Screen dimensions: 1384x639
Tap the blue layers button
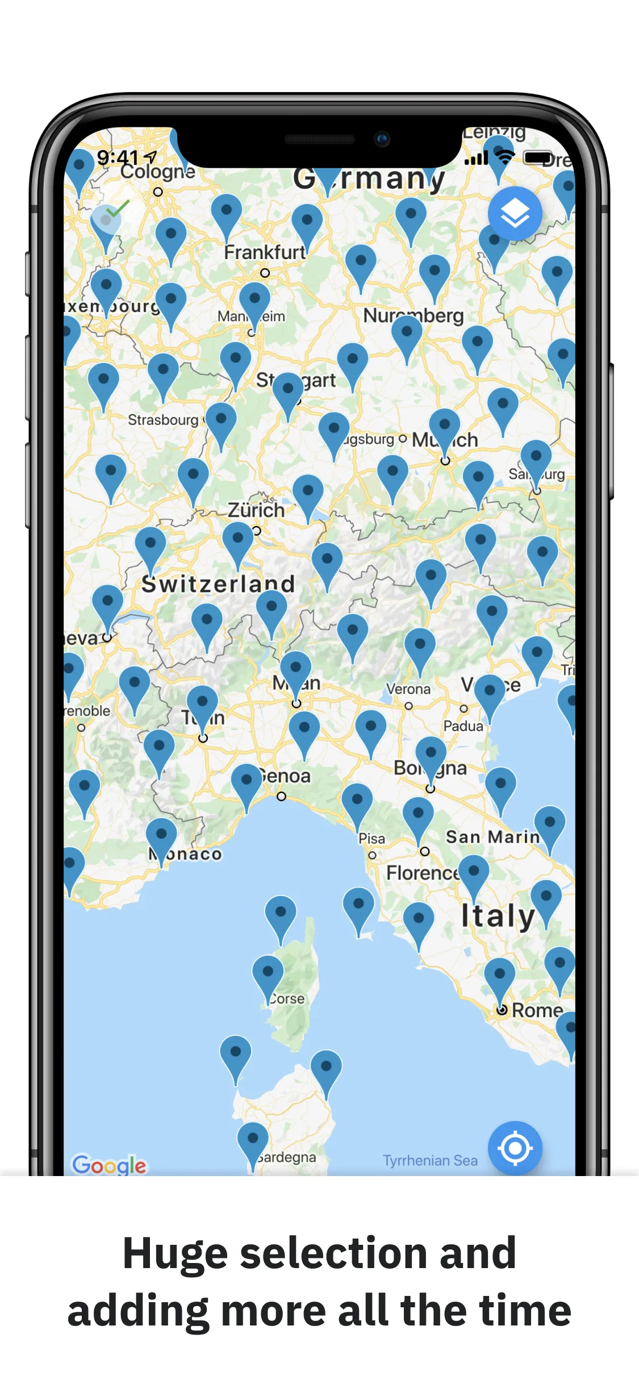tap(515, 214)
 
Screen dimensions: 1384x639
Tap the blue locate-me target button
tap(515, 1148)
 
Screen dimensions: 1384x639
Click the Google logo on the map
tap(109, 1165)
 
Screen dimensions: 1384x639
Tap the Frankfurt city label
tap(264, 252)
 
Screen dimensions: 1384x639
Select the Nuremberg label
tap(414, 315)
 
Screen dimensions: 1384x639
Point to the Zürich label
tap(256, 510)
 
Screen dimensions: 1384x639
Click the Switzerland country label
tap(218, 584)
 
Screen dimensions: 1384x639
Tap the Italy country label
tap(498, 916)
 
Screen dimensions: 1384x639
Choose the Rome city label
tap(537, 1010)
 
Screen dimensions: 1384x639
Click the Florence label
tap(422, 873)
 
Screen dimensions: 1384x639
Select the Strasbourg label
tap(163, 420)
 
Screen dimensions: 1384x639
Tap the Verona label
tap(408, 689)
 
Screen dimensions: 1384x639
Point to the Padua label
tap(463, 726)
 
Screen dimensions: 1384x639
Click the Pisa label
tap(372, 839)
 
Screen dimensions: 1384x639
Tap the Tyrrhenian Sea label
tap(430, 1160)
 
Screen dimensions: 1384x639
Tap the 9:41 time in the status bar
tap(118, 157)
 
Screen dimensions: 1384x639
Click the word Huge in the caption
tap(175, 1253)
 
